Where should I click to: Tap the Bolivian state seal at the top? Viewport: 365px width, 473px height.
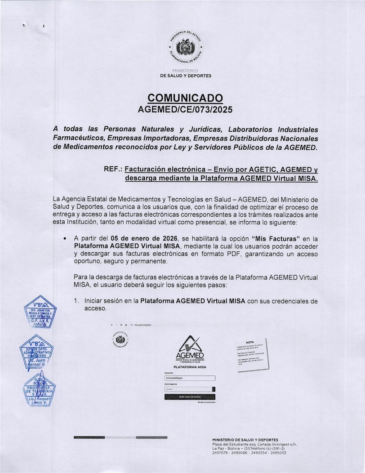point(185,47)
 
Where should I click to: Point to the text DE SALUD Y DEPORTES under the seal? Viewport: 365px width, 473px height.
point(185,76)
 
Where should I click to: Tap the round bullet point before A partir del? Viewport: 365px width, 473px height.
point(66,238)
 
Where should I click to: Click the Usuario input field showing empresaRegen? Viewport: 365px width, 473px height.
point(190,378)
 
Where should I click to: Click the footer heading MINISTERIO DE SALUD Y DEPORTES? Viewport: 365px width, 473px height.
point(245,440)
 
